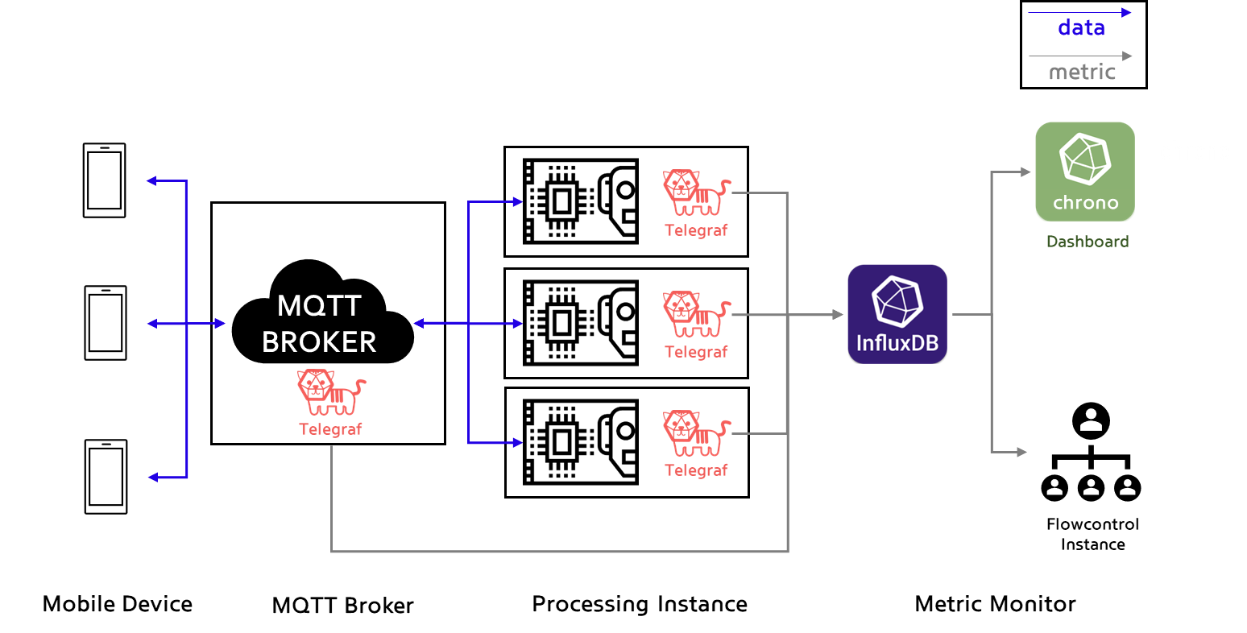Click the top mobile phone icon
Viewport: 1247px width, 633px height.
point(104,180)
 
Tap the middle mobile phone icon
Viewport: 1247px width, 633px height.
point(106,323)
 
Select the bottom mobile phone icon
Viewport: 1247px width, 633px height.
point(106,477)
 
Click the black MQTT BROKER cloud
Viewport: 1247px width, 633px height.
point(322,313)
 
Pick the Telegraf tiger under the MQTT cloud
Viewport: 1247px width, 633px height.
point(331,392)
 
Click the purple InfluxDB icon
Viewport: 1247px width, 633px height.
point(897,315)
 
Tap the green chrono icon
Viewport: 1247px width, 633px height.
point(1085,172)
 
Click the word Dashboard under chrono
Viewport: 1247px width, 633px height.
point(1087,242)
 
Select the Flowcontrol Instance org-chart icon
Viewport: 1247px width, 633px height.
point(1091,452)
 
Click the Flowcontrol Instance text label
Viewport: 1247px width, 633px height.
point(1093,534)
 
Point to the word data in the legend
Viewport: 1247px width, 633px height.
point(1082,27)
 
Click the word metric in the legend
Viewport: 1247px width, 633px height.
point(1082,72)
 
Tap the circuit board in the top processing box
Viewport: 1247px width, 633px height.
point(581,201)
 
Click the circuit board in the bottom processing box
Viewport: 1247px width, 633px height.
point(581,442)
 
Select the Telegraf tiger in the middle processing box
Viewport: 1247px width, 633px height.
point(697,313)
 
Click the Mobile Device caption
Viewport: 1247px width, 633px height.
point(118,604)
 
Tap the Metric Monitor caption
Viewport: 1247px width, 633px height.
point(996,604)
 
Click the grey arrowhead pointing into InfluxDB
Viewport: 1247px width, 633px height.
point(838,315)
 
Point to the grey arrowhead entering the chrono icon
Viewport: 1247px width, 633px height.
point(1025,172)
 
